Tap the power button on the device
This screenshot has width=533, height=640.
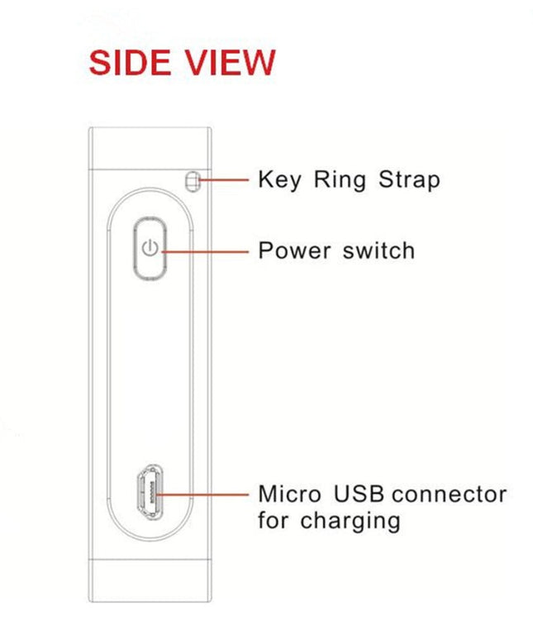click(x=149, y=247)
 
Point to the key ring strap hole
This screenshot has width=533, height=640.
click(x=193, y=180)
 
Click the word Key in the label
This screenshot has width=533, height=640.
click(x=280, y=180)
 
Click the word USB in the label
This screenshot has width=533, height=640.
click(x=359, y=494)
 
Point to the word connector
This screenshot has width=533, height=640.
click(x=449, y=494)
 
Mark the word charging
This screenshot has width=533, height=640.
click(x=350, y=522)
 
